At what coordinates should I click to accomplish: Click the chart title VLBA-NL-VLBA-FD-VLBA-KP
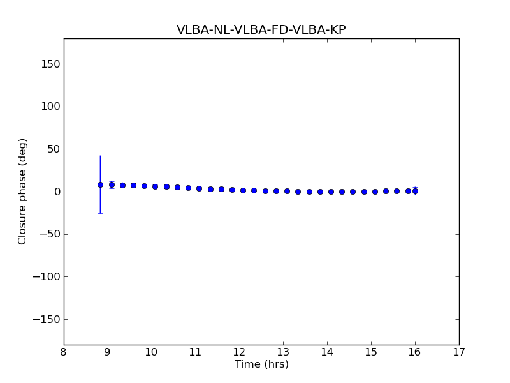tap(261, 30)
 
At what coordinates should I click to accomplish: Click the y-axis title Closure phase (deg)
tap(23, 191)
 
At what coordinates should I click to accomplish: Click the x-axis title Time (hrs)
tap(261, 364)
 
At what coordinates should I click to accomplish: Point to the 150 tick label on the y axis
tap(50, 64)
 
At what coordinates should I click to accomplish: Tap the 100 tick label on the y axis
tap(50, 107)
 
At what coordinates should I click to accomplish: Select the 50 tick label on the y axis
tap(52, 149)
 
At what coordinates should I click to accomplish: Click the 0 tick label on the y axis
tap(55, 191)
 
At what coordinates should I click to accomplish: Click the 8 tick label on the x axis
tap(64, 352)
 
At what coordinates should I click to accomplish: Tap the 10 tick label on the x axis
tap(152, 352)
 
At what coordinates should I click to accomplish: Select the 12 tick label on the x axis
tap(240, 352)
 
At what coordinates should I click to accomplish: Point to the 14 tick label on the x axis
tap(327, 352)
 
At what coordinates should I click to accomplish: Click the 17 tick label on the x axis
tap(459, 352)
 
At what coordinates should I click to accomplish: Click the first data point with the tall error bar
tap(100, 184)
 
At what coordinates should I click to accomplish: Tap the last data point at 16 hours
tap(415, 191)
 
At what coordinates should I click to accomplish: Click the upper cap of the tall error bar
tap(100, 156)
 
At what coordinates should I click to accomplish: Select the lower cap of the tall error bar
tap(100, 213)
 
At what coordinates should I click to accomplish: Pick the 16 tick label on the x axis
tap(415, 352)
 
